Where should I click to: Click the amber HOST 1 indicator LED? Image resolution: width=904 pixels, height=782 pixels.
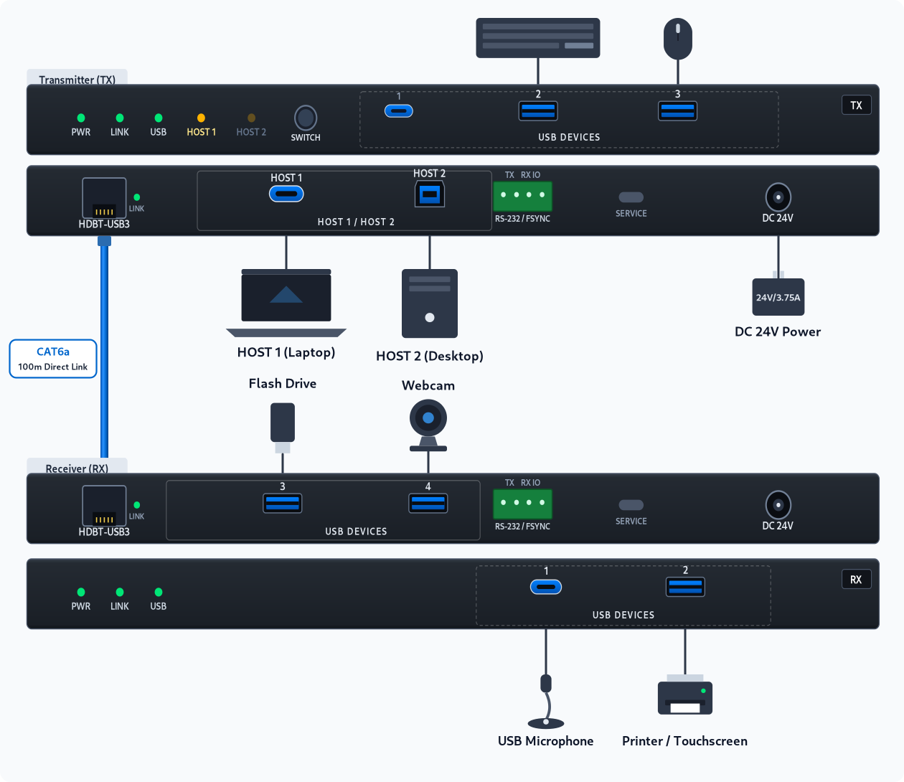[x=201, y=118]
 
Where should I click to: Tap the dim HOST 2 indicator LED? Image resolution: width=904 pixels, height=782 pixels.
[x=251, y=118]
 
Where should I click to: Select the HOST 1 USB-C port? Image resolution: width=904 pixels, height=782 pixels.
[x=286, y=194]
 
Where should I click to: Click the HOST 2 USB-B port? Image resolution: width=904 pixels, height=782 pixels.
[x=430, y=194]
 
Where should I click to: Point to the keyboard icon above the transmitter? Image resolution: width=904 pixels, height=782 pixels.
[x=537, y=37]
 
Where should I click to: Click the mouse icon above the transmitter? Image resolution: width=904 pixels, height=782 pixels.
[x=677, y=39]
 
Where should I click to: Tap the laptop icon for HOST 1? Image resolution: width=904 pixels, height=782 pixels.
[x=286, y=303]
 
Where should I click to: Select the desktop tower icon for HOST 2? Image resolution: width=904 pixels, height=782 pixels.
[x=430, y=303]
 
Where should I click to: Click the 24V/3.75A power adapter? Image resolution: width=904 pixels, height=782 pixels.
[x=778, y=296]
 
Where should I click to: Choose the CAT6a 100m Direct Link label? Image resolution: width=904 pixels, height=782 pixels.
[x=53, y=359]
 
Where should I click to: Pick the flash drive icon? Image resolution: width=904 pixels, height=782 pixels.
[x=283, y=428]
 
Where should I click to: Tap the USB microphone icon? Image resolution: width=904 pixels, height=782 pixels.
[x=546, y=701]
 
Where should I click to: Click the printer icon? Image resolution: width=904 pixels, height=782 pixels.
[x=685, y=694]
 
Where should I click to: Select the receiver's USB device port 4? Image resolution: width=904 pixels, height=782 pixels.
[x=428, y=503]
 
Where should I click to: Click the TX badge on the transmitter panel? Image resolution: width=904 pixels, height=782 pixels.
[x=856, y=105]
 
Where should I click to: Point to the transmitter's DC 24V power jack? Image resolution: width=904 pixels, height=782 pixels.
[x=778, y=197]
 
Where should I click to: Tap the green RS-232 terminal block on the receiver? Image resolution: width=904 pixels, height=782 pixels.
[x=522, y=504]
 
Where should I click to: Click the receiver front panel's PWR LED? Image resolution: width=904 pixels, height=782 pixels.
[x=81, y=592]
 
